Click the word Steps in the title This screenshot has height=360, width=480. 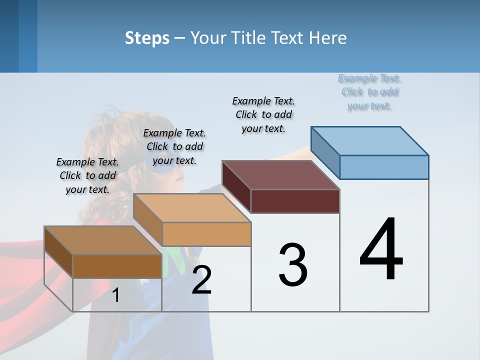[x=147, y=38]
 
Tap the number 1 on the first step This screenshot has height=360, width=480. [x=116, y=295]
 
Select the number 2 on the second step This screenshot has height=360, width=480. [x=201, y=280]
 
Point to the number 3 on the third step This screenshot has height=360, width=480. [x=293, y=265]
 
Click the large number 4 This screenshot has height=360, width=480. [x=381, y=250]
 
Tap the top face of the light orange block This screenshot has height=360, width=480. [x=192, y=208]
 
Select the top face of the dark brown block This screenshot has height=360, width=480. [x=103, y=240]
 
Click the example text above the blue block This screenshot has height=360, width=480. [x=370, y=92]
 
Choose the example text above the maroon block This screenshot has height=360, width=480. [x=263, y=114]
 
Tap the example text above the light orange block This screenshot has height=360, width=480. [x=174, y=146]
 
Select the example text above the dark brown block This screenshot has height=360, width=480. [x=87, y=175]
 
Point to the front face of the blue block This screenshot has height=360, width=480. [x=384, y=167]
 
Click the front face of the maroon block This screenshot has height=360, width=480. [x=295, y=201]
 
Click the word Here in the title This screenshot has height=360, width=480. [x=328, y=38]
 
